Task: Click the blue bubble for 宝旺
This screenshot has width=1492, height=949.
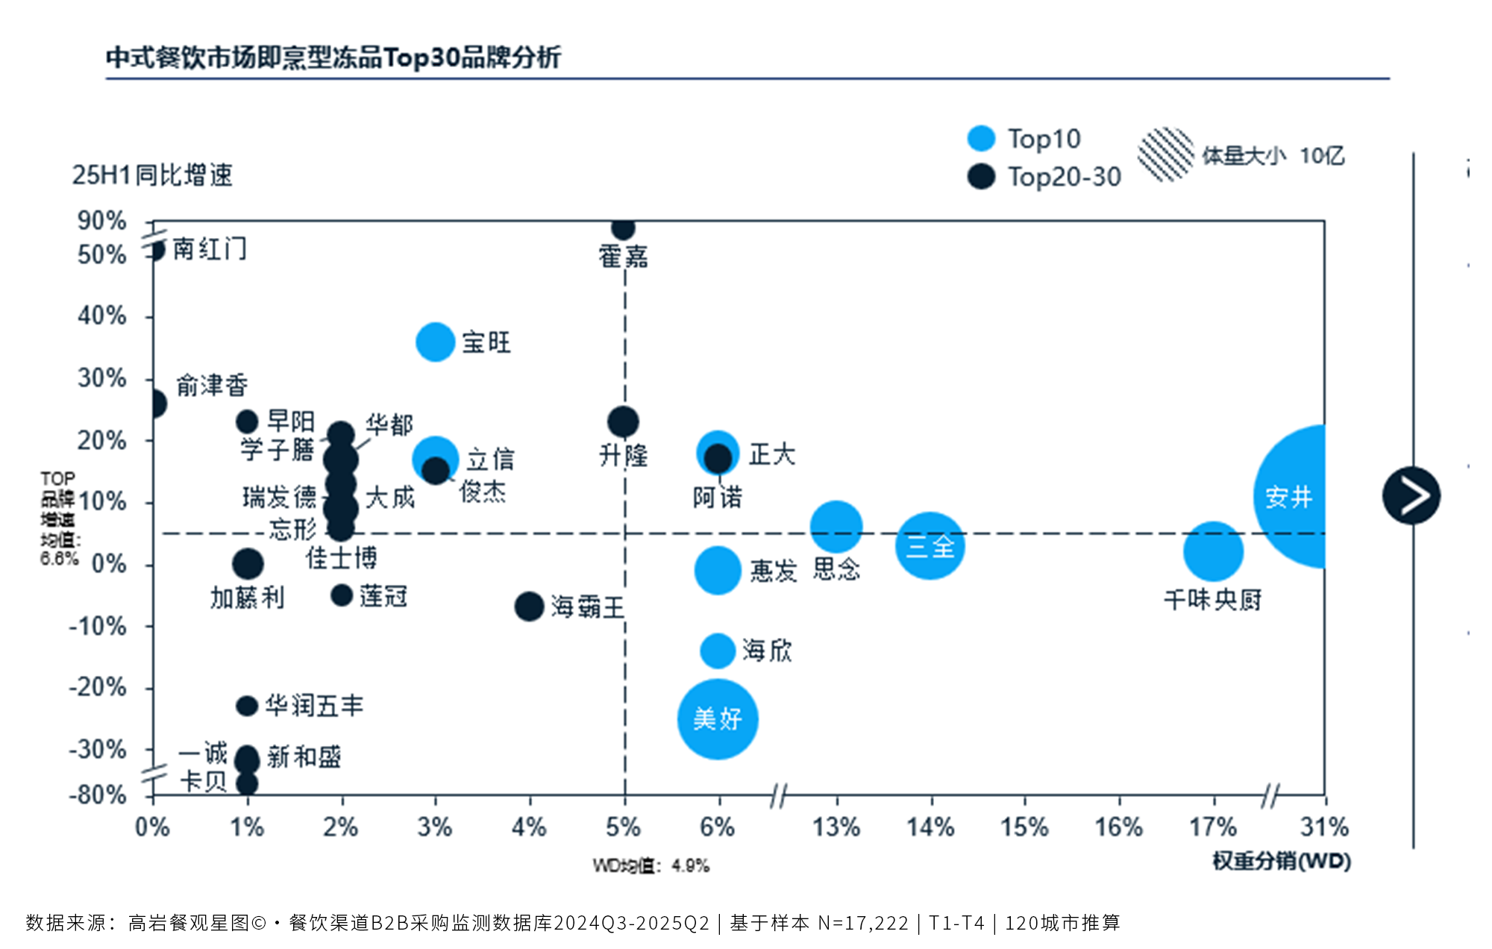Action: (x=435, y=342)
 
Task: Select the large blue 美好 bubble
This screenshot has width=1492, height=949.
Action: (x=718, y=719)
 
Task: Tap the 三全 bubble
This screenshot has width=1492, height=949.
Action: (x=930, y=546)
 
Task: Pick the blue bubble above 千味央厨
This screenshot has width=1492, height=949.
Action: (x=1213, y=551)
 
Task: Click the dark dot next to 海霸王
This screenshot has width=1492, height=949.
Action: (x=529, y=607)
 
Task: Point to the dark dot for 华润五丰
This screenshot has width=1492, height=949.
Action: (x=247, y=705)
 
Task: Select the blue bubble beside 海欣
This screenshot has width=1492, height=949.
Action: (x=718, y=651)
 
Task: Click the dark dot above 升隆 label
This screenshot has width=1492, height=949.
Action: (x=623, y=422)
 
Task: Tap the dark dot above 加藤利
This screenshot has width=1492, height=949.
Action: (x=248, y=564)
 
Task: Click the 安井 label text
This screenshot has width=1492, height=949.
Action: (x=1288, y=497)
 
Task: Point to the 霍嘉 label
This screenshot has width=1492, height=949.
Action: (x=623, y=257)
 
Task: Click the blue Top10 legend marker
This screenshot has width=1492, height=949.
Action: (x=981, y=139)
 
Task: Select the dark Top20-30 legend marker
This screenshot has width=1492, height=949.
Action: (x=981, y=177)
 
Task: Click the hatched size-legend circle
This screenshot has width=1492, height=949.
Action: (x=1166, y=154)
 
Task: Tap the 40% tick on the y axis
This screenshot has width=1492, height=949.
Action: (x=102, y=316)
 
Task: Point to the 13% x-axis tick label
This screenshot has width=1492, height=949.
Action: (x=836, y=827)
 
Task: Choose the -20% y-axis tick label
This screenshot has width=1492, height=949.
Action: (x=98, y=687)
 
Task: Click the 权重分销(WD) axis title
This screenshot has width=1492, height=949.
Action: (x=1282, y=861)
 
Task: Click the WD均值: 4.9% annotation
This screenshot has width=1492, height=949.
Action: (x=651, y=865)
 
